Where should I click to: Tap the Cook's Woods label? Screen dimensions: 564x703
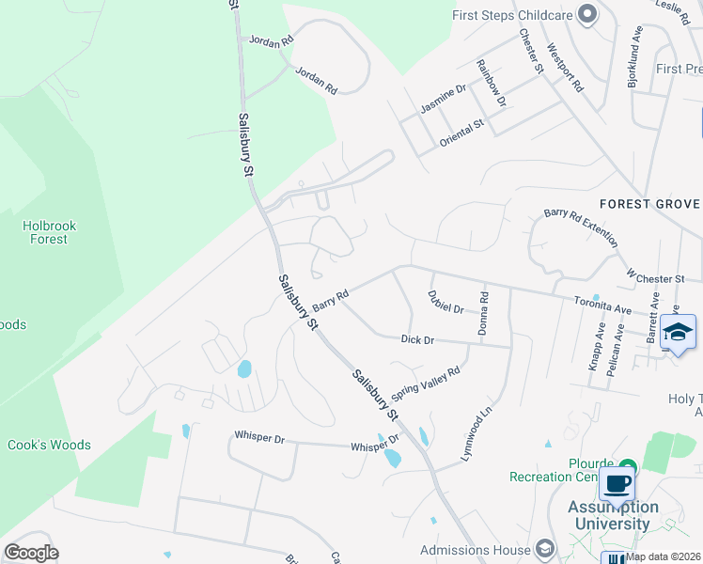coord(49,445)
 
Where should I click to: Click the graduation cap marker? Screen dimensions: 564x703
coord(678,332)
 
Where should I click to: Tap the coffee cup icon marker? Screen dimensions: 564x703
coord(617,484)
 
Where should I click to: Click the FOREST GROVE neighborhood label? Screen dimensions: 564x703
coord(649,204)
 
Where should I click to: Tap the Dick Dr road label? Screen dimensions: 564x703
coord(416,339)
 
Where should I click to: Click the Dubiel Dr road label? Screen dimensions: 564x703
coord(446,307)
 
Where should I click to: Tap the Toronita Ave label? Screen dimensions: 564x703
coord(603,305)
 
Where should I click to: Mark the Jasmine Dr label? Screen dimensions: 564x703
coord(443,101)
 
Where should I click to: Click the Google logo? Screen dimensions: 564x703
coord(31,553)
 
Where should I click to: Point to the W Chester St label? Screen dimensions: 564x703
coord(655,278)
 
